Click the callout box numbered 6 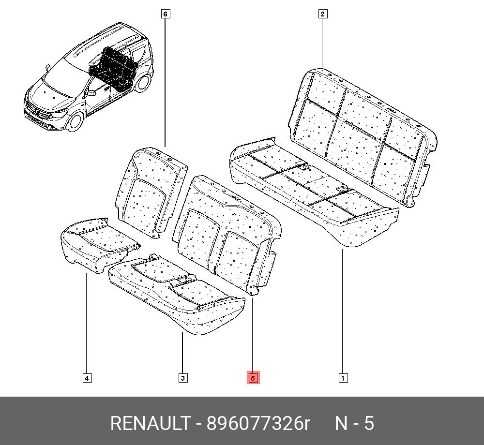pyautogui.click(x=166, y=14)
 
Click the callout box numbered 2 pyautogui.click(x=322, y=14)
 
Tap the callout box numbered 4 pyautogui.click(x=87, y=378)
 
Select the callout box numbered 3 pyautogui.click(x=183, y=378)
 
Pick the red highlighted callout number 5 pyautogui.click(x=253, y=378)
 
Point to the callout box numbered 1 pyautogui.click(x=343, y=378)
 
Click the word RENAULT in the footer pyautogui.click(x=150, y=423)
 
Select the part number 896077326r pyautogui.click(x=258, y=423)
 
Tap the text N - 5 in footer pyautogui.click(x=355, y=423)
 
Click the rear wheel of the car pyautogui.click(x=143, y=83)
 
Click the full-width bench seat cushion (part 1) pyautogui.click(x=314, y=191)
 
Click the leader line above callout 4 pyautogui.click(x=87, y=324)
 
